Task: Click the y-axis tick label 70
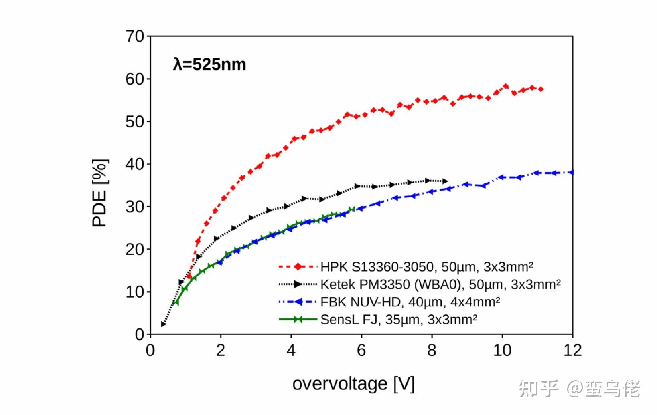pos(135,36)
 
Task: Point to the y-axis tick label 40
pos(135,164)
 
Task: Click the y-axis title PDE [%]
pos(100,193)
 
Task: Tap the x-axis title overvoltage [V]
pos(353,384)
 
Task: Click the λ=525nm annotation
pos(209,64)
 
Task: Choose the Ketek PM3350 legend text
pos(440,284)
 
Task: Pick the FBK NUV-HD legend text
pos(410,302)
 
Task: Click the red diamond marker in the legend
pos(298,267)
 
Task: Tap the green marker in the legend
pos(298,320)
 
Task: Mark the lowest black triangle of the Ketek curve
pos(163,324)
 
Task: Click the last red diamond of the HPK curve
pos(541,89)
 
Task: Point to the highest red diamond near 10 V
pos(505,86)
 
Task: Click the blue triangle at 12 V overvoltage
pos(571,173)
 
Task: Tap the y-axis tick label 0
pos(139,334)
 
